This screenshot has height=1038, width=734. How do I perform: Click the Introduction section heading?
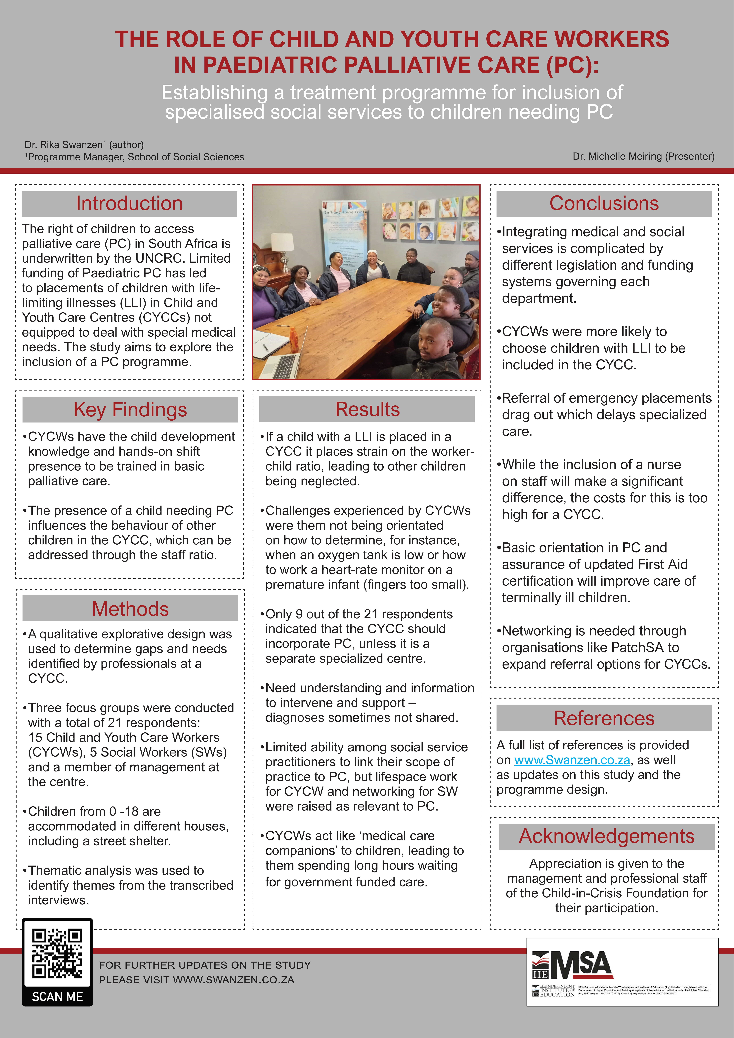pos(129,203)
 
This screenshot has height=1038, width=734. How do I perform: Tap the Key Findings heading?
pos(130,410)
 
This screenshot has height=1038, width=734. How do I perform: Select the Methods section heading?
pos(130,609)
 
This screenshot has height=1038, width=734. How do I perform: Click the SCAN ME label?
pos(57,996)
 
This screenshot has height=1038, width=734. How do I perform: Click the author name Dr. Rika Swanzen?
pos(64,145)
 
